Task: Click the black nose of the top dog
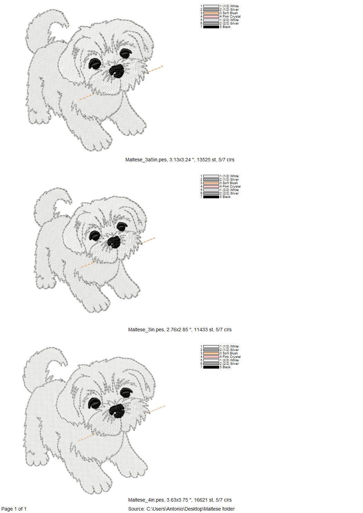(x=117, y=70)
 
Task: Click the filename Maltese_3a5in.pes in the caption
(x=146, y=160)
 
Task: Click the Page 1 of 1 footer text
(x=14, y=509)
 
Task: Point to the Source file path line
(x=181, y=509)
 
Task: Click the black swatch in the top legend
(x=211, y=27)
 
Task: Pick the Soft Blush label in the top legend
(x=230, y=13)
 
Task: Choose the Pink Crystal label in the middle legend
(x=231, y=187)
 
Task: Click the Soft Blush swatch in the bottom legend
(x=211, y=353)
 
